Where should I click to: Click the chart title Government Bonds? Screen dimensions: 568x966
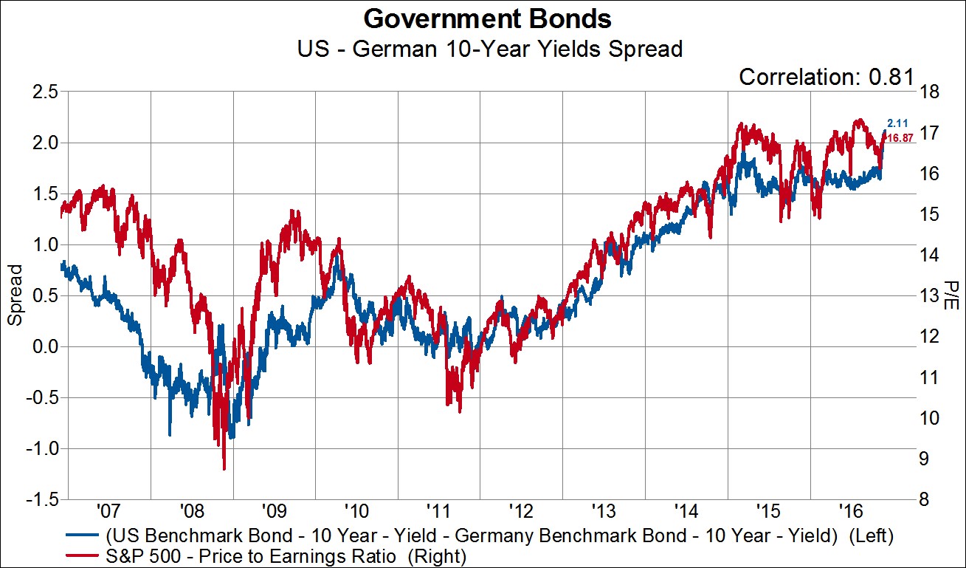(x=483, y=18)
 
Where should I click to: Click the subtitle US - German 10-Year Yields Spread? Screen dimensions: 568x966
(x=483, y=49)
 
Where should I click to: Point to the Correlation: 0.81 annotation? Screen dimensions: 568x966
(x=827, y=76)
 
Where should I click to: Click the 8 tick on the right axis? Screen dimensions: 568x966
(x=925, y=500)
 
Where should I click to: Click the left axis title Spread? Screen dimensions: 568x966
(x=15, y=295)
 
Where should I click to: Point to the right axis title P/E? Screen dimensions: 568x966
(x=951, y=295)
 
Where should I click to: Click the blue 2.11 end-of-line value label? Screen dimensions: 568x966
(x=897, y=123)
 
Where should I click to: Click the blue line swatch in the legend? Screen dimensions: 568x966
(x=83, y=535)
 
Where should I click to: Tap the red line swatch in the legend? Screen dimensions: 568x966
(x=83, y=554)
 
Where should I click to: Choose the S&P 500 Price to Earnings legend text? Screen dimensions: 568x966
(x=287, y=554)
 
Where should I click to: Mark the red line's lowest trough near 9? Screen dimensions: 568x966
(x=224, y=468)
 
